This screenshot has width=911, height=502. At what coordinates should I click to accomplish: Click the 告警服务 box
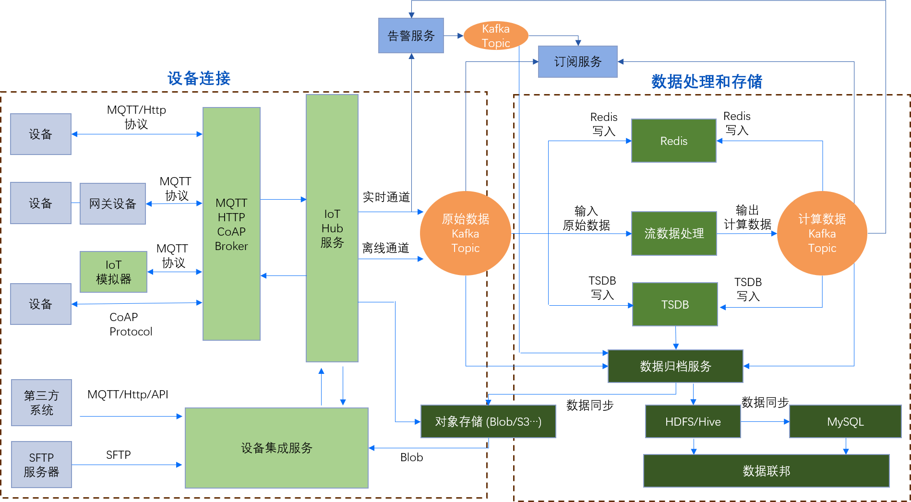(411, 36)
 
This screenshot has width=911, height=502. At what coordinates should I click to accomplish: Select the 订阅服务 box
(577, 61)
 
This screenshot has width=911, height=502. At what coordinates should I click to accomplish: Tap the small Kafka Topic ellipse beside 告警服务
(496, 36)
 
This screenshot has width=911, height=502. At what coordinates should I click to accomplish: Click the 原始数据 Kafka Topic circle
(465, 233)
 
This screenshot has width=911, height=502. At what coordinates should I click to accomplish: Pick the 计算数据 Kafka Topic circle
(822, 233)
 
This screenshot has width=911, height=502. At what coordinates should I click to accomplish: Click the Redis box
(673, 141)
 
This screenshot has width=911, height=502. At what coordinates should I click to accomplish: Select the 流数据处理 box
(674, 233)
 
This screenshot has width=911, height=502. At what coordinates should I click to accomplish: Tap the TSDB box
(675, 304)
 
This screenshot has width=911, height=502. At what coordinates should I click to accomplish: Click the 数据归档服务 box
(675, 366)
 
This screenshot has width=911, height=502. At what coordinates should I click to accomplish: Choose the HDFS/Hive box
(693, 421)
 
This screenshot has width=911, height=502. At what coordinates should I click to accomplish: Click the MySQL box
(845, 421)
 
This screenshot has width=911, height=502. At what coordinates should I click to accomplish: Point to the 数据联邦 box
(766, 471)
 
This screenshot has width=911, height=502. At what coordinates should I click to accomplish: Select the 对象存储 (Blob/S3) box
(488, 421)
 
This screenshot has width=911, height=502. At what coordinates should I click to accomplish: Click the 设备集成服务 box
(276, 448)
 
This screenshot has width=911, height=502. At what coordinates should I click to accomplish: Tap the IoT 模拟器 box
(113, 272)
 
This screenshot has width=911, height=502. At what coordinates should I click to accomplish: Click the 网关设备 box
(113, 203)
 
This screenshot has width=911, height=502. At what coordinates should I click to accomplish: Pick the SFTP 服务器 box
(41, 465)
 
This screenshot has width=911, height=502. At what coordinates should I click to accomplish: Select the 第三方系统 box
(41, 403)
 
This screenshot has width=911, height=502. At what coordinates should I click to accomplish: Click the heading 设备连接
(199, 78)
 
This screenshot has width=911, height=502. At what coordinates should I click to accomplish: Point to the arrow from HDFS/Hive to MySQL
(765, 421)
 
